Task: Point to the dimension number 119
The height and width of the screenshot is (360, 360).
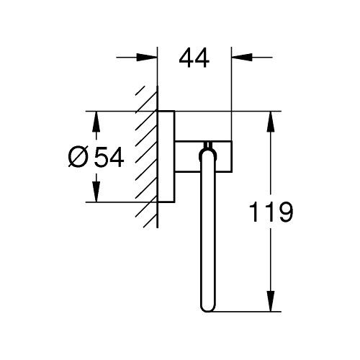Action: (269, 214)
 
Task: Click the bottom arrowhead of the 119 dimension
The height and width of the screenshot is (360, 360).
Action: (271, 304)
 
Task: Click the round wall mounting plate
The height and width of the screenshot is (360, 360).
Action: (165, 156)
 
